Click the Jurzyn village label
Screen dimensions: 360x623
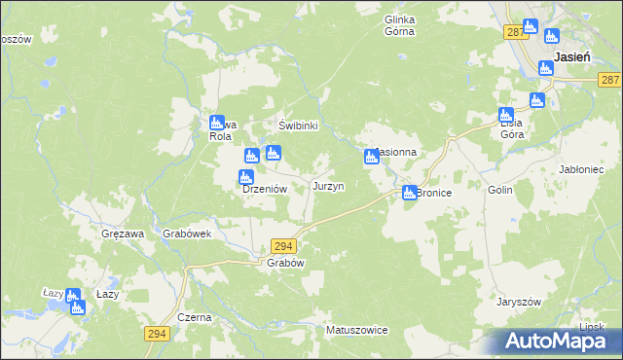(x=327, y=186)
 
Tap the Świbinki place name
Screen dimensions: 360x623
(x=299, y=126)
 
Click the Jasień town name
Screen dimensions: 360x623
(x=571, y=57)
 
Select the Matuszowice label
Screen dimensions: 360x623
(x=357, y=331)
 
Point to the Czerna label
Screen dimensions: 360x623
(x=195, y=318)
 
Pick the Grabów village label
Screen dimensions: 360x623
(x=286, y=263)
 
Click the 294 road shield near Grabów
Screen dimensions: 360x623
(x=283, y=247)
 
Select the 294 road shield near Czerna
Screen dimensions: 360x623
(x=158, y=334)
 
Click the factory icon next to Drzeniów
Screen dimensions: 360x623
(x=246, y=177)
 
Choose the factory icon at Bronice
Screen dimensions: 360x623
(x=410, y=193)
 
